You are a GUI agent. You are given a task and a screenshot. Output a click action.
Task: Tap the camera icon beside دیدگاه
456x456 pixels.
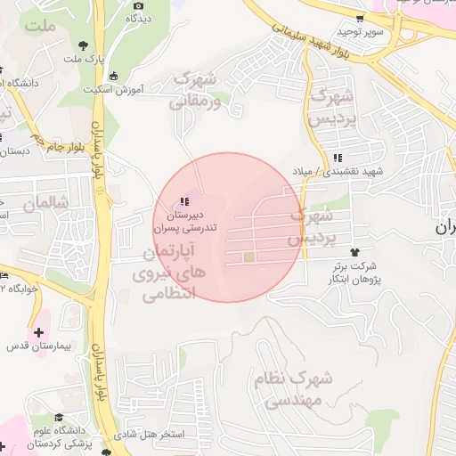click(x=138, y=5)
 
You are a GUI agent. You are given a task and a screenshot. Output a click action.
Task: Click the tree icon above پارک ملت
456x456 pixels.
click(x=83, y=45)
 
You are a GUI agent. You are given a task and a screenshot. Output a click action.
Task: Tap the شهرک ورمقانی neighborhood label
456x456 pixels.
click(x=193, y=91)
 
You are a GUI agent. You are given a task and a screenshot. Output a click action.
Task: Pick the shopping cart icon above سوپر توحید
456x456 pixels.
click(x=360, y=18)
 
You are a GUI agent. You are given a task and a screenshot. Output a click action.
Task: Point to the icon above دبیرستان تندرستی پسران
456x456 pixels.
click(x=183, y=201)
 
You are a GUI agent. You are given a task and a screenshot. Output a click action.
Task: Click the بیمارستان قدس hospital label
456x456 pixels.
click(x=42, y=344)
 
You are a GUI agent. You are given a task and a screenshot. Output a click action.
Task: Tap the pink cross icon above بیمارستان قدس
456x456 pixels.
click(x=37, y=331)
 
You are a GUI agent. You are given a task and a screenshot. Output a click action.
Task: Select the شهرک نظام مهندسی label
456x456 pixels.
click(x=292, y=389)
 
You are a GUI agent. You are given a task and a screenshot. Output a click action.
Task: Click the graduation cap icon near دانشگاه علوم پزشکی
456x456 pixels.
click(x=59, y=417)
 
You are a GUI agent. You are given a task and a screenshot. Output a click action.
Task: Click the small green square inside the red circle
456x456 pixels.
click(x=249, y=258)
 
